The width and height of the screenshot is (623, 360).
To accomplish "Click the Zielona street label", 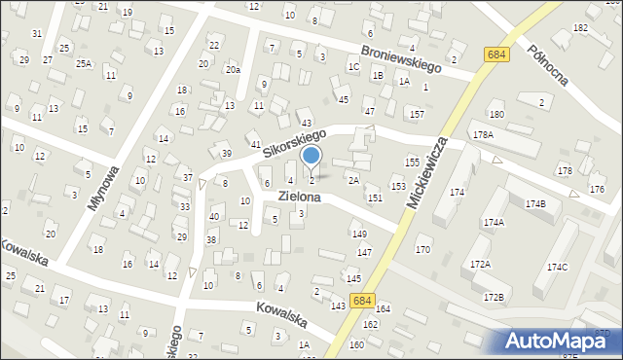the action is pos(300,196).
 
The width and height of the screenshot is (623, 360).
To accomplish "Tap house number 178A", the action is pos(482,134).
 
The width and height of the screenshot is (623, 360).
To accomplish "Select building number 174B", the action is pos(535,204).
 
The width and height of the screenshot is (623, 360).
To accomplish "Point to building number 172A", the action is pos(480,265).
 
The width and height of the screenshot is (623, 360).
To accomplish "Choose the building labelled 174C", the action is pos(557,267).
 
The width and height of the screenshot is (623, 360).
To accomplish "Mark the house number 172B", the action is pos(494,297).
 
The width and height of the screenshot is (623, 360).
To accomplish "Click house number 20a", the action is pos(232,69).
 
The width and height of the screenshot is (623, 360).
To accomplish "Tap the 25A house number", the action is pos(85,64).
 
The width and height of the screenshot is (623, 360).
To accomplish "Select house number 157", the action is pos(417,115).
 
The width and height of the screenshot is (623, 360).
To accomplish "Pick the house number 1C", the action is pos(353,66).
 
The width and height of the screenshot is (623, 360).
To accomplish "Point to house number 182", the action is pos(580,28).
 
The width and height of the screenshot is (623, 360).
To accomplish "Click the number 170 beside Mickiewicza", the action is pos(422,250).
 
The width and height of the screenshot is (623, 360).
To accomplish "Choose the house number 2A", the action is pos(353,180).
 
